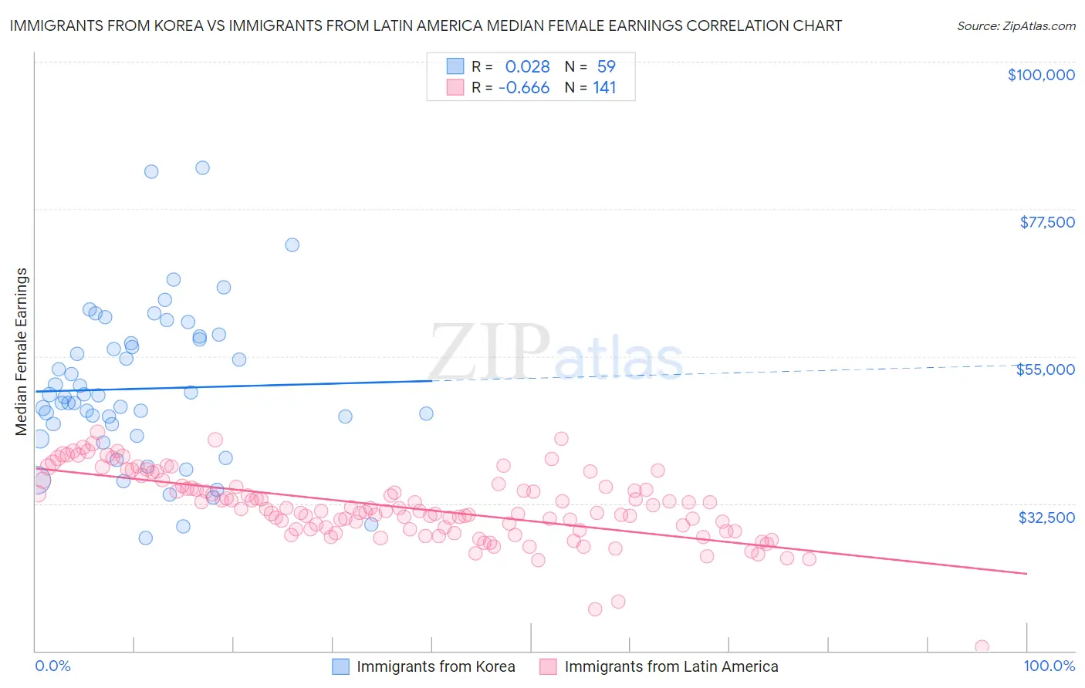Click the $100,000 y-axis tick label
[x=1040, y=75]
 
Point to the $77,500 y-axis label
[x=1046, y=222]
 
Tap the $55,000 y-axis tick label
[x=1045, y=369]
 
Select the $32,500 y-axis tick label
[x=1046, y=518]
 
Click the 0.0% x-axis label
[x=52, y=666]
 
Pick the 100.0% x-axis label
[x=1049, y=666]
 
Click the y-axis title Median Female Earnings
[x=22, y=352]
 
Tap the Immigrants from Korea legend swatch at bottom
[x=341, y=666]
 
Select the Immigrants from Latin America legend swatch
[x=548, y=666]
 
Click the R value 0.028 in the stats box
[x=527, y=67]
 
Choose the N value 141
[x=604, y=88]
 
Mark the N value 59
[x=606, y=67]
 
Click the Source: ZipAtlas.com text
[x=1016, y=26]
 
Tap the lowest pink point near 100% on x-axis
[x=982, y=646]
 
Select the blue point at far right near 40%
[x=426, y=413]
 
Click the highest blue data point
[x=202, y=167]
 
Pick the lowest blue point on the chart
[x=145, y=538]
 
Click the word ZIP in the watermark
[x=489, y=353]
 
